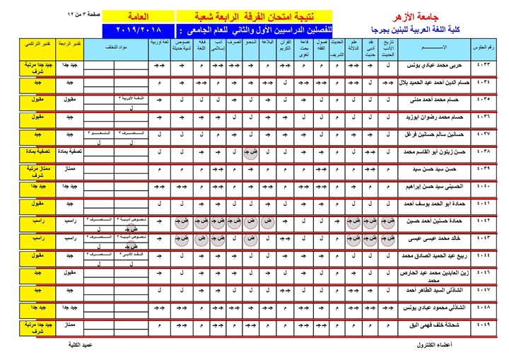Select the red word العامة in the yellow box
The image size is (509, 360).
[140, 15]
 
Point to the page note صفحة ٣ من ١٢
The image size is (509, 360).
[86, 14]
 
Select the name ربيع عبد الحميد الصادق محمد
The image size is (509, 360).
[421, 255]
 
